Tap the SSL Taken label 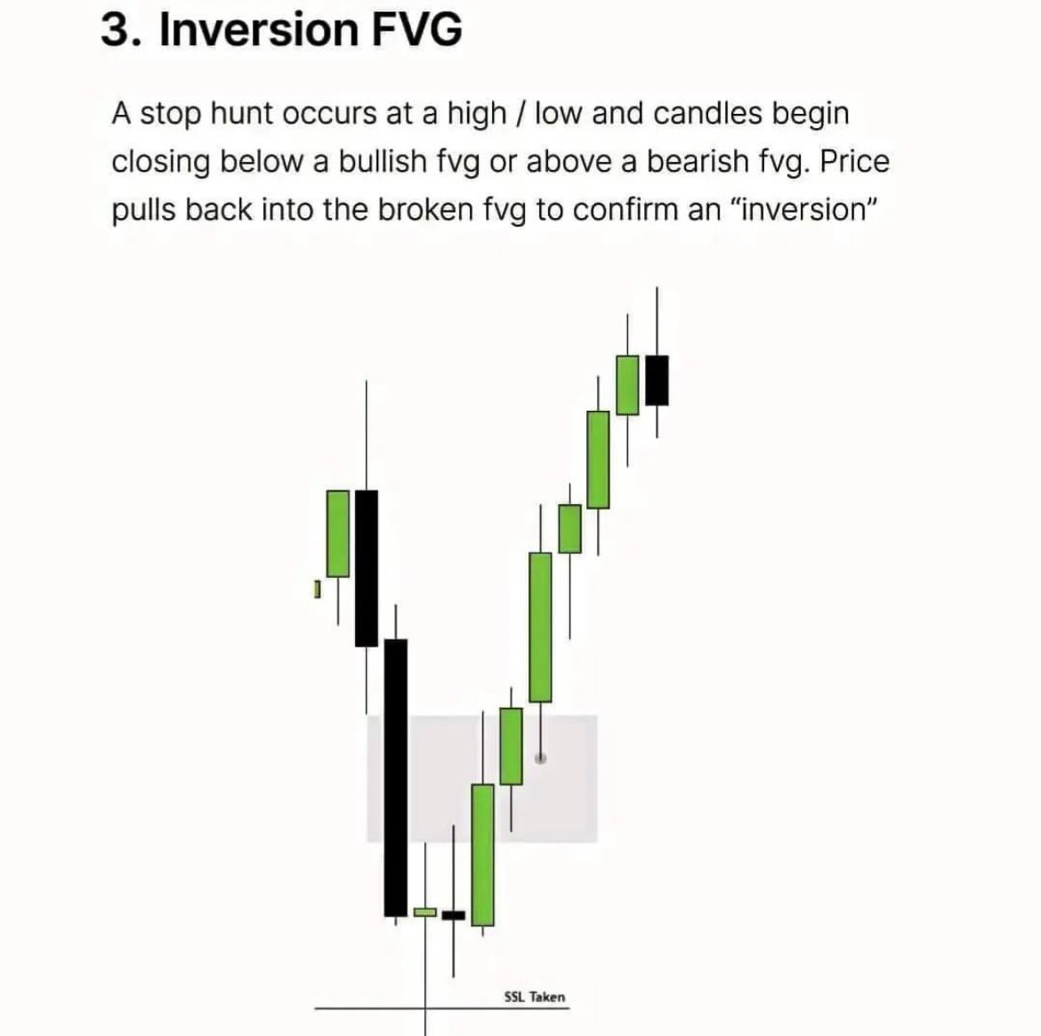534,997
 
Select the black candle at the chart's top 657,380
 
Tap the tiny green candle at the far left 316,589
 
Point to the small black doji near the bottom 454,914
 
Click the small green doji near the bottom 425,912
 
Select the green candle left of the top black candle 627,384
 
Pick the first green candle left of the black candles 337,534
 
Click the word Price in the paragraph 854,162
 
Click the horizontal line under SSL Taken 374,1008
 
